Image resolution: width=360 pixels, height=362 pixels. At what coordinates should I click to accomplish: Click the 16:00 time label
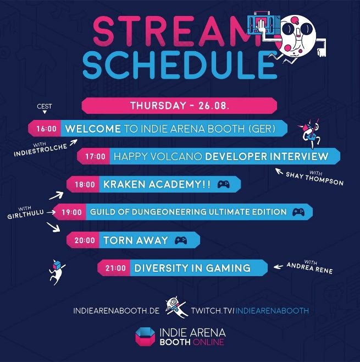tap(46, 129)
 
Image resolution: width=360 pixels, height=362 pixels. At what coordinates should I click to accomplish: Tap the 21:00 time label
tap(115, 268)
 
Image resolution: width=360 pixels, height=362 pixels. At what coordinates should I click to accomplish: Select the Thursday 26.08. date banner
tap(179, 106)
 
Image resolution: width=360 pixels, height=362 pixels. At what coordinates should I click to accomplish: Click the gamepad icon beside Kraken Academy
tap(224, 184)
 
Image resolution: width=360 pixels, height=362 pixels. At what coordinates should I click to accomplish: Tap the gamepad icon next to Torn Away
tap(181, 240)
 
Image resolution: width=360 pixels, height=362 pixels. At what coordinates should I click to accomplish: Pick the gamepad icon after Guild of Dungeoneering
tap(298, 212)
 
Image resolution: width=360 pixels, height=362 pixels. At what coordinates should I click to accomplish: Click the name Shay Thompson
tap(314, 178)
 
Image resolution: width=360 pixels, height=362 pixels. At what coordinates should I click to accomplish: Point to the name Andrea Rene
tap(310, 268)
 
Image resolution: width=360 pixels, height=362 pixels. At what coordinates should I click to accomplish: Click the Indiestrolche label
tap(40, 150)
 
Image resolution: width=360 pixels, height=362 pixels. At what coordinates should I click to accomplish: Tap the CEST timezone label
tap(45, 106)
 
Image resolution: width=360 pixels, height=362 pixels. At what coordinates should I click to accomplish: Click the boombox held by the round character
tap(264, 24)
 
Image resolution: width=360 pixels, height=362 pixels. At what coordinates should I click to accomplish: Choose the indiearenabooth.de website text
tap(116, 311)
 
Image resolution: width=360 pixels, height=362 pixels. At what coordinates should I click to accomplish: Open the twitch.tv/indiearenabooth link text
tap(250, 311)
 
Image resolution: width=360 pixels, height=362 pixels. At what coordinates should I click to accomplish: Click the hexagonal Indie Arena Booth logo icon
tap(145, 337)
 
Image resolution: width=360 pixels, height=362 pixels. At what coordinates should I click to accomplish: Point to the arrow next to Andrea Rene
tap(278, 267)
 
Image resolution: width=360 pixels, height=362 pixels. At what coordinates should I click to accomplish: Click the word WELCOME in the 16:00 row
tap(93, 129)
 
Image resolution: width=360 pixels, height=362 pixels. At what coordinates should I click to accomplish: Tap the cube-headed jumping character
tap(57, 272)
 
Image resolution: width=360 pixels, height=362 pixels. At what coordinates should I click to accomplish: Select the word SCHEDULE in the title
tap(180, 65)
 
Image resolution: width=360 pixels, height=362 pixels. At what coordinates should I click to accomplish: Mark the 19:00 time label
tap(71, 212)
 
